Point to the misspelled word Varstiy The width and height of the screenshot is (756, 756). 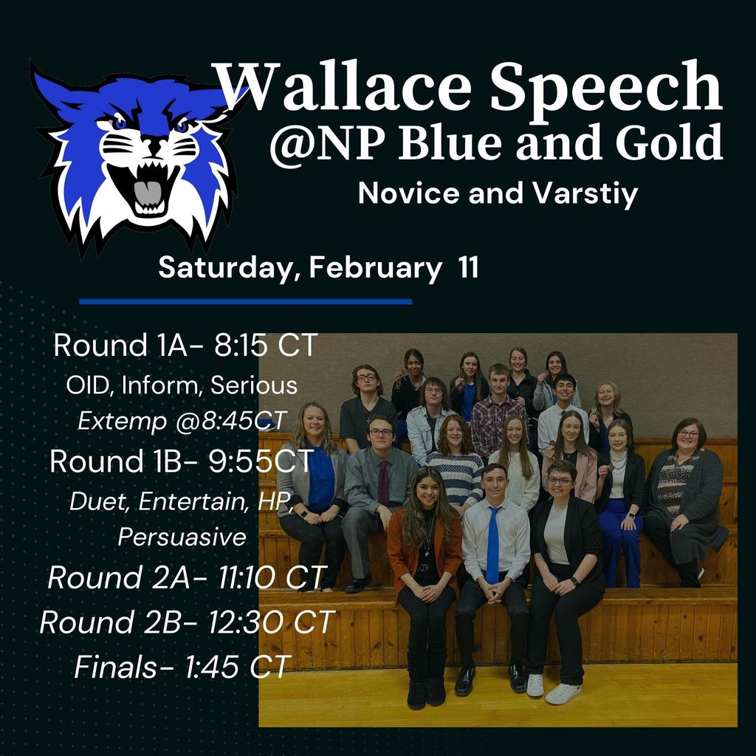(585, 194)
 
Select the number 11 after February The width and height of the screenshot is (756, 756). (468, 267)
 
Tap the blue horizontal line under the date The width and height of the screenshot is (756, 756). (245, 302)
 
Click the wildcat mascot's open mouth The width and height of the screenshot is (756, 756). (147, 188)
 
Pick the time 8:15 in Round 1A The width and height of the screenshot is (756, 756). (241, 346)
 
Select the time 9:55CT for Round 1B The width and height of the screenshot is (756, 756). (261, 461)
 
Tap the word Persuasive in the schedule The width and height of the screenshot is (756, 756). (182, 537)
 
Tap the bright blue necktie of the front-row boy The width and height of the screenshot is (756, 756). (492, 544)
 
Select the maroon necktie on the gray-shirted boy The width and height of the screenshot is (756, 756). (383, 483)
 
